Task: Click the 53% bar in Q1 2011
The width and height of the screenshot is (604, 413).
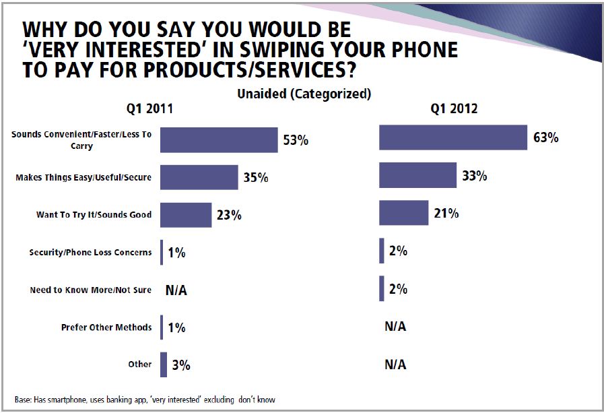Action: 219,140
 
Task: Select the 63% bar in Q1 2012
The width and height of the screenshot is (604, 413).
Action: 452,138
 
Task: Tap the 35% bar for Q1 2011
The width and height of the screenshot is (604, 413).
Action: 199,178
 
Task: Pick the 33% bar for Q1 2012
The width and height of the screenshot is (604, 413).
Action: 417,176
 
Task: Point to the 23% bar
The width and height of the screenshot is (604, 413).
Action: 186,215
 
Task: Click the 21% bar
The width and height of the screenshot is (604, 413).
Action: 403,213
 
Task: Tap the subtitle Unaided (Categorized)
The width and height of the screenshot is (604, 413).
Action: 304,94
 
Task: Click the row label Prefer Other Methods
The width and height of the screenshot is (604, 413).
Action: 106,328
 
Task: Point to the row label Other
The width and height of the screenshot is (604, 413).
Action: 140,364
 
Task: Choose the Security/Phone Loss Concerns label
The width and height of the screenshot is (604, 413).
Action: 90,253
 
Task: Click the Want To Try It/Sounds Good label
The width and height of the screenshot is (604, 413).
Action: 94,215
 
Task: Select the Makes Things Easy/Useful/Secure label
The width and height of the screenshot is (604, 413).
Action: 83,178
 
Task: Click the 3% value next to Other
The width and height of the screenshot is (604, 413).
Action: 181,365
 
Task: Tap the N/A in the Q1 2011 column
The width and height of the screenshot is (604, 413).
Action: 177,290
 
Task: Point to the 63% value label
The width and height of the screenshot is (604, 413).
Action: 546,138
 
